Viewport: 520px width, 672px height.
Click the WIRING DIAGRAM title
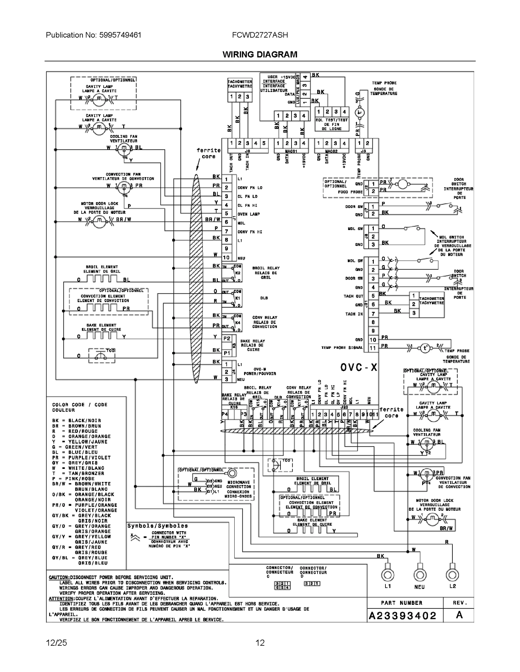click(x=260, y=55)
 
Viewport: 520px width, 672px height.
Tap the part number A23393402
click(x=402, y=616)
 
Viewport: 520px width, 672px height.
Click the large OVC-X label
click(x=359, y=367)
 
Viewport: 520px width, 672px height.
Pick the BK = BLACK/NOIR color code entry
click(x=77, y=421)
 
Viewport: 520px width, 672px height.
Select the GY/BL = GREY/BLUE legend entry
click(x=80, y=558)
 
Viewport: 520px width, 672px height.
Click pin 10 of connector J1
click(x=226, y=257)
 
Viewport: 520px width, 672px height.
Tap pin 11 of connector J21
click(x=373, y=348)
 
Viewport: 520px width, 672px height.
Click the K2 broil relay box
click(x=237, y=273)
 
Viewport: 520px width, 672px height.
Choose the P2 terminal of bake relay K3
click(x=227, y=338)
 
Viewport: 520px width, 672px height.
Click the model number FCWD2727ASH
click(x=260, y=35)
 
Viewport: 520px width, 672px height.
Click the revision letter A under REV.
click(x=459, y=615)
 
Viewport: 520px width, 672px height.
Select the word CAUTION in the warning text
click(x=59, y=578)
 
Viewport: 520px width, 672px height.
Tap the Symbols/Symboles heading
click(x=157, y=526)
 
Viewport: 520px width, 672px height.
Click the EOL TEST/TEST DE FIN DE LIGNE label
click(x=331, y=124)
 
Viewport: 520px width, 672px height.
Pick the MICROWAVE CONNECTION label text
click(x=239, y=484)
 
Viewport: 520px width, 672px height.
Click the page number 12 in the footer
click(x=260, y=643)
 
